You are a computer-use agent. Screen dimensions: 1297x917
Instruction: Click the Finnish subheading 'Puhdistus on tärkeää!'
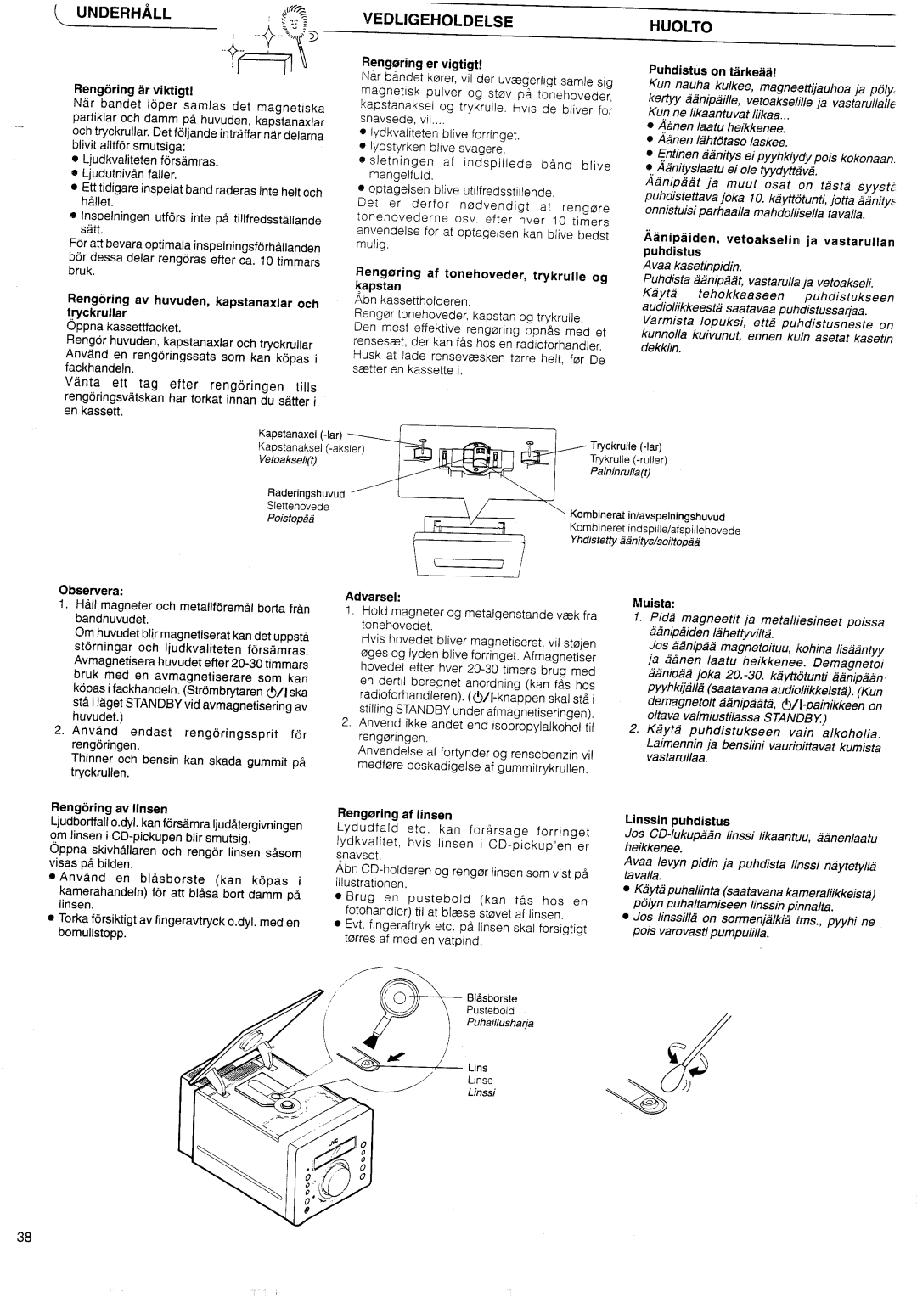coord(712,69)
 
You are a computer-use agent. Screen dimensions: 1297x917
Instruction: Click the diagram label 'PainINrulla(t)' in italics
coord(620,473)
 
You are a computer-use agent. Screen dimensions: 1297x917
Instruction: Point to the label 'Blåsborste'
coord(492,998)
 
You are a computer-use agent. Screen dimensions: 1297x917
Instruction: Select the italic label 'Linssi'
coord(481,1092)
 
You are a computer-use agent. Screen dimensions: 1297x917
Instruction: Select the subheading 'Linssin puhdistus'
coord(677,821)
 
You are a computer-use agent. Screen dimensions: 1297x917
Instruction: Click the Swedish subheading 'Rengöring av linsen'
coord(109,809)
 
